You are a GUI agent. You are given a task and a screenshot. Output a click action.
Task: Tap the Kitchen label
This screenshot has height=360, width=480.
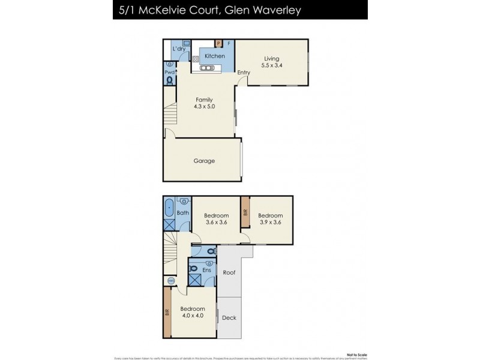[x=215, y=56]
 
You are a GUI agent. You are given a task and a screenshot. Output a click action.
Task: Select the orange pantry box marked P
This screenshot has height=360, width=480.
[x=219, y=43]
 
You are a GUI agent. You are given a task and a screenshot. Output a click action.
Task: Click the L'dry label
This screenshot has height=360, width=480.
[x=178, y=49]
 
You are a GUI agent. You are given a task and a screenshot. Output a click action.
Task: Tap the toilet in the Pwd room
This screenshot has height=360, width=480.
[x=169, y=79]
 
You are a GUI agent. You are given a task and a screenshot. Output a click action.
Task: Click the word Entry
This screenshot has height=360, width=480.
[x=244, y=73]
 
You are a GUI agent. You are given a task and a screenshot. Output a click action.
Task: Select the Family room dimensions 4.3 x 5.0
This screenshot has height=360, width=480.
[x=204, y=107]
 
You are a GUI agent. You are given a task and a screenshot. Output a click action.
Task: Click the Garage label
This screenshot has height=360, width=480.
[x=204, y=161]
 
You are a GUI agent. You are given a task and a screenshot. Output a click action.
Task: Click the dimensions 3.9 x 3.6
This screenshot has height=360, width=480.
[x=270, y=223]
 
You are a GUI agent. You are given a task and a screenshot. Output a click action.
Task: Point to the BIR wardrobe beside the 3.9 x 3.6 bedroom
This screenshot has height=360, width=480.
[x=245, y=213]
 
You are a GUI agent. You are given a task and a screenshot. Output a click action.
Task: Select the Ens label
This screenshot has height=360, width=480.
[x=207, y=270]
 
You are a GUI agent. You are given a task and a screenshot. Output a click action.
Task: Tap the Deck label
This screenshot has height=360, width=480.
[x=229, y=319]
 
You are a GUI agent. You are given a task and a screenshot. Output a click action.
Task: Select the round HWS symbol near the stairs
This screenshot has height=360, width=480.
[x=170, y=280]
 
